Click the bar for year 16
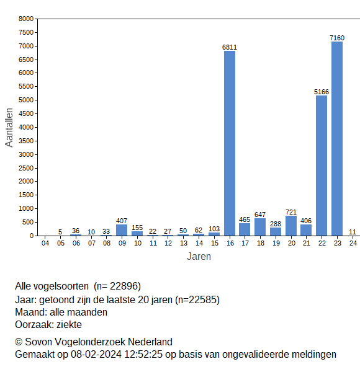(230, 143)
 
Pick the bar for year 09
(122, 230)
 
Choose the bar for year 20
(291, 226)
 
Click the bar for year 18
(260, 227)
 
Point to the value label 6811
(230, 47)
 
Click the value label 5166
(322, 92)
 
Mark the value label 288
(276, 224)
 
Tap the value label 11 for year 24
(353, 232)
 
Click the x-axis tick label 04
(45, 244)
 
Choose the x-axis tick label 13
(183, 244)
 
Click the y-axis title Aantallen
(9, 127)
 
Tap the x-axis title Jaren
(199, 257)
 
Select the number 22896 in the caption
(125, 286)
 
